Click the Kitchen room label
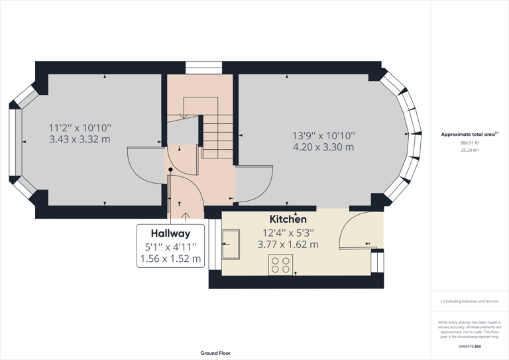(288, 219)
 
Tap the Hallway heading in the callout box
(170, 233)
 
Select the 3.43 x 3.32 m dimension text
(80, 139)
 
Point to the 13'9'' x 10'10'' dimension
(323, 135)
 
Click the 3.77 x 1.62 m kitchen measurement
(288, 244)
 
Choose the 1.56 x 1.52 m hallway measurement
(170, 259)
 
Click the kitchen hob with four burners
(280, 265)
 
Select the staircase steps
(217, 136)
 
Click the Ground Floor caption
(215, 353)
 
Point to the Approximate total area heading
(469, 134)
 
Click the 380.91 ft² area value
(469, 143)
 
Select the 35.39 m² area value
(469, 150)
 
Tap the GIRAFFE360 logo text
(469, 346)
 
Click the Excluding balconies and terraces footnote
(469, 301)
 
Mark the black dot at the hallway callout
(170, 170)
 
